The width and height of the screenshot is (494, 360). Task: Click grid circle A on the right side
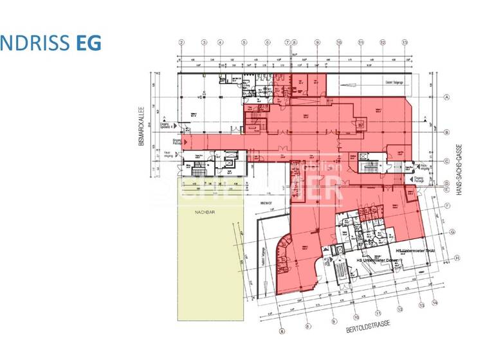[x=446, y=97]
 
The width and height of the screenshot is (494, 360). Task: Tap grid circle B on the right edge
[x=446, y=132]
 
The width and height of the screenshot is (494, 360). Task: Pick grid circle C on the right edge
[x=446, y=161]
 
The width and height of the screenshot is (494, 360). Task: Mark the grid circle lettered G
[x=453, y=231]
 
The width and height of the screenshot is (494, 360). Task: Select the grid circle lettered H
[x=457, y=258]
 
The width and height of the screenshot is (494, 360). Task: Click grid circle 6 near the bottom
[x=281, y=332]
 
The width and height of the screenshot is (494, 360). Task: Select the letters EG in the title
[x=88, y=43]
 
